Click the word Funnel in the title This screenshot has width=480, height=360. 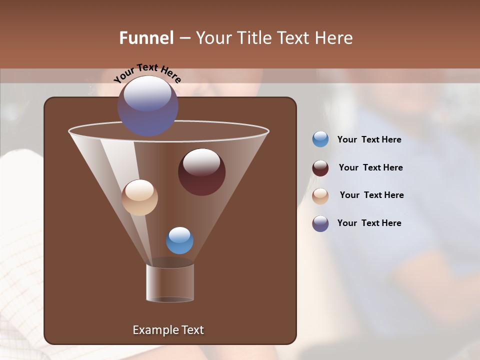pos(146,38)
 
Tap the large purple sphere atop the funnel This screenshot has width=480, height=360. pos(147,106)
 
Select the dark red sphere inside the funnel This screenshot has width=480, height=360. pos(201,172)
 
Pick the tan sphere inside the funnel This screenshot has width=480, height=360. pos(139,197)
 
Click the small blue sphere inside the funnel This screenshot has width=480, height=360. pos(179,240)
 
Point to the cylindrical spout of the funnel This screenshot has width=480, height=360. pos(170,282)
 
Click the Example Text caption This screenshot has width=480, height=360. pos(168,330)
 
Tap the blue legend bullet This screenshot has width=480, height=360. pos(320,139)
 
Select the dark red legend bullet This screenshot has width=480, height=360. pos(320,168)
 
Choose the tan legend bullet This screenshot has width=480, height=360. pos(320,196)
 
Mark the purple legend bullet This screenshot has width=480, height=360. pos(320,223)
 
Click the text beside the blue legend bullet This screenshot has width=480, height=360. pos(369,140)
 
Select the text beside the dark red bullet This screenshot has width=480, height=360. pos(370,168)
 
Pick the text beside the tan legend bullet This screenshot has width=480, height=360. pos(371,195)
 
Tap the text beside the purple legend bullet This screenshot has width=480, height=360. pos(369,223)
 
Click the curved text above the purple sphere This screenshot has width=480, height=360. pos(147,73)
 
